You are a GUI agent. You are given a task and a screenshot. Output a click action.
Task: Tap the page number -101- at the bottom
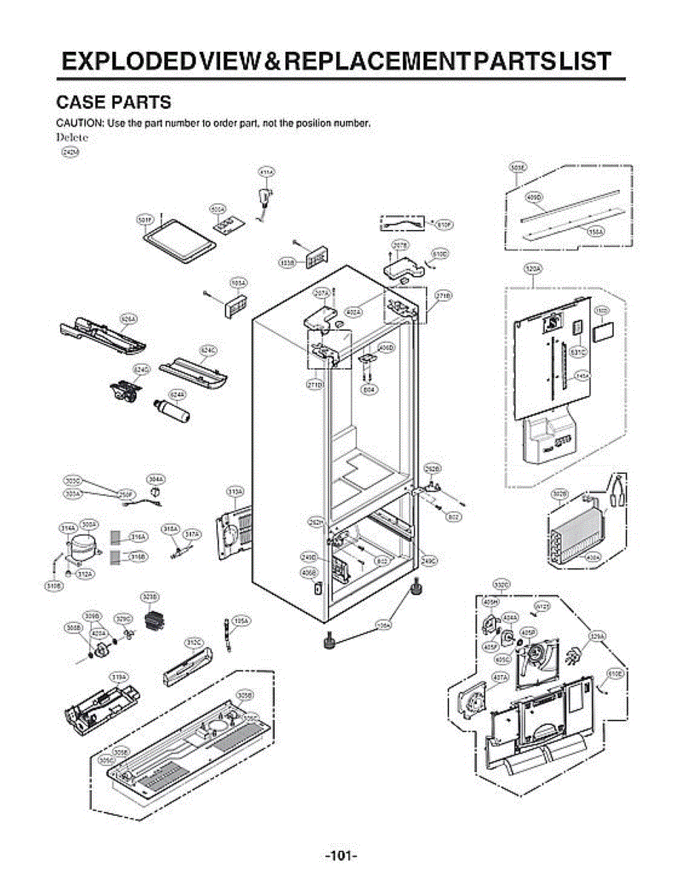point(341,856)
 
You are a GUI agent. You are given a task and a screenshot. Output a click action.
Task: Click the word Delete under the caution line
point(73,136)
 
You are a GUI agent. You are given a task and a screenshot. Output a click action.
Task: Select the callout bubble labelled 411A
point(266,172)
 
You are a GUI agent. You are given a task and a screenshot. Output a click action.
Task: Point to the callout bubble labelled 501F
point(145,220)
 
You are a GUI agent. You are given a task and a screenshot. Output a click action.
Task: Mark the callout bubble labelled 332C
point(501,586)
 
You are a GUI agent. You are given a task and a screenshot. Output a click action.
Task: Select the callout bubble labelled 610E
point(615,673)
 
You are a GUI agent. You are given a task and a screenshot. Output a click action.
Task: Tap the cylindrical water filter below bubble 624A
point(170,410)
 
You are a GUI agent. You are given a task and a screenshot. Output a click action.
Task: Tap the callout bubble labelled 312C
point(194,642)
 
